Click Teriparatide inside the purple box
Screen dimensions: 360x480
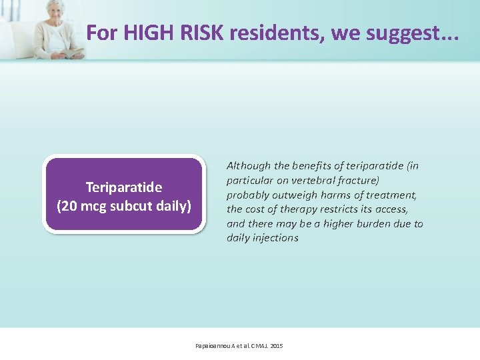(123, 187)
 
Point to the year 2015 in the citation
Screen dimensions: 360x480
(277, 346)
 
